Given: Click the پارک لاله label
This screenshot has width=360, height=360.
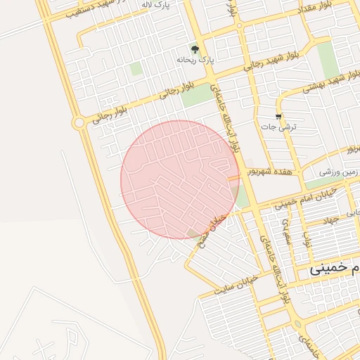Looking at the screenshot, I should click(157, 5).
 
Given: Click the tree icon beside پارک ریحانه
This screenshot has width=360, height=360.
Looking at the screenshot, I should click(195, 49).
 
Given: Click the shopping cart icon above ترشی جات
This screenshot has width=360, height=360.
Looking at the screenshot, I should click(280, 117).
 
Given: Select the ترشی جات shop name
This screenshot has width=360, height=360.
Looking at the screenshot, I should click(280, 127).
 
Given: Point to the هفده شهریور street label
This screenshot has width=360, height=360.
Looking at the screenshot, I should click(271, 169).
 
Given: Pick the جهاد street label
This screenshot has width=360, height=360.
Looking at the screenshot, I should click(330, 219).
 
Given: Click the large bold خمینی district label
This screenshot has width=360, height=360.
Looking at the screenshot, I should click(335, 269).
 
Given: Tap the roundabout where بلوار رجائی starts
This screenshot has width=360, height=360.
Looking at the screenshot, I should click(79, 122).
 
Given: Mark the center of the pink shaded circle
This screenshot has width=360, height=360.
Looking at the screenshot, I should click(180, 180).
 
